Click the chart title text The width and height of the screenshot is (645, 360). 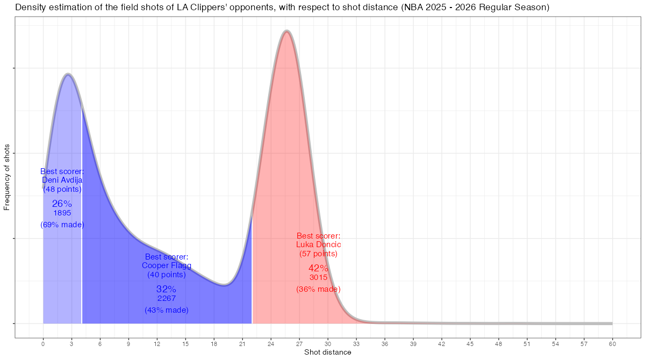click(x=282, y=8)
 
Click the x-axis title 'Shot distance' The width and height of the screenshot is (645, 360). click(x=328, y=352)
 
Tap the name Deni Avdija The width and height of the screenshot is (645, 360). click(x=62, y=181)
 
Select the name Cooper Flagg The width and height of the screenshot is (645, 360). click(x=167, y=265)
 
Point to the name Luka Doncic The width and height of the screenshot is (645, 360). click(x=319, y=244)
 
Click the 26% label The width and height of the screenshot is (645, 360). click(x=62, y=204)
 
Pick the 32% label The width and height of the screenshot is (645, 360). click(x=167, y=289)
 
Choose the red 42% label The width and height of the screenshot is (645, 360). click(x=318, y=268)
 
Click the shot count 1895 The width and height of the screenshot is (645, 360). click(x=62, y=213)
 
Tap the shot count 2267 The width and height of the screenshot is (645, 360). click(x=167, y=298)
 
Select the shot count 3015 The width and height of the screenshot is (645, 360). click(x=318, y=277)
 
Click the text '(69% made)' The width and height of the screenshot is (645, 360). click(x=62, y=225)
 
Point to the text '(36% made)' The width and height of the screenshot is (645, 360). click(x=318, y=289)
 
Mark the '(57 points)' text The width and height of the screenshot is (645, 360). click(x=318, y=254)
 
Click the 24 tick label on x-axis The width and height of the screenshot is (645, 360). click(x=271, y=343)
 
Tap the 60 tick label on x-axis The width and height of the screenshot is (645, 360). click(x=612, y=343)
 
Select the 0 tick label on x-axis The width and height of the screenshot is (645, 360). click(x=43, y=343)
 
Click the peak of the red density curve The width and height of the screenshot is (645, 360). click(x=287, y=32)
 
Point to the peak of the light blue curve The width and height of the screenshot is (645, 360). click(x=68, y=74)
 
